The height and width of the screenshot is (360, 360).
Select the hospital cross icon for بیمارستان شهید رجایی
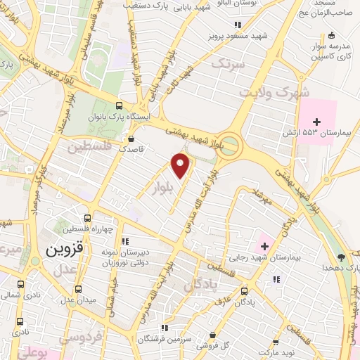coord(264,246)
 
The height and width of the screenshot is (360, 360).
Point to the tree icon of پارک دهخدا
coord(341,257)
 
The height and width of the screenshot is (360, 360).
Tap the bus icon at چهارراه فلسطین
coord(87,219)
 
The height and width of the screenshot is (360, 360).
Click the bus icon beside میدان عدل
coord(79,288)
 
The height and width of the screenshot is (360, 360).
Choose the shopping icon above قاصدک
coord(133,138)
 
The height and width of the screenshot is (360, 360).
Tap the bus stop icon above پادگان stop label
coord(244,290)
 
